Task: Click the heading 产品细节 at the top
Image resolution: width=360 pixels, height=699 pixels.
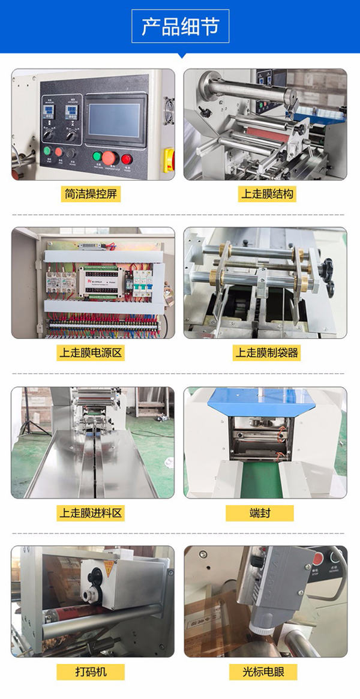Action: point(180,27)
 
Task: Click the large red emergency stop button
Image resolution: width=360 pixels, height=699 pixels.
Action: point(109,158)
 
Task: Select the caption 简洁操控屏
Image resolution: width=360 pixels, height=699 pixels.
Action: point(93,194)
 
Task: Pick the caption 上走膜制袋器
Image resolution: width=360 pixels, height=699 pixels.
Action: point(266,352)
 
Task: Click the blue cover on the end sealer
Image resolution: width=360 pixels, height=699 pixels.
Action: point(265,401)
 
